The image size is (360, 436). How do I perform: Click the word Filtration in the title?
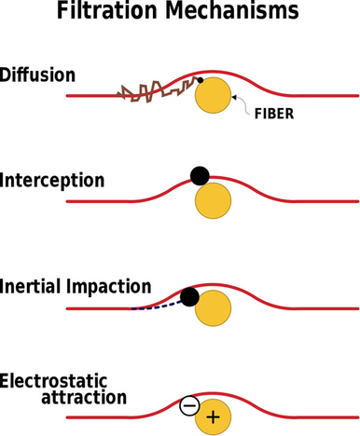pyautogui.click(x=107, y=10)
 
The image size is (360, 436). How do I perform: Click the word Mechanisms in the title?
pyautogui.click(x=232, y=10)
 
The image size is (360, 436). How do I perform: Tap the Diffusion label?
pyautogui.click(x=37, y=75)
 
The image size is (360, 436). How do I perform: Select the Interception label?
pyautogui.click(x=52, y=181)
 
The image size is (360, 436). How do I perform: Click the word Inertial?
pyautogui.click(x=30, y=286)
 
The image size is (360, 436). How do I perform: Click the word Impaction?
pyautogui.click(x=109, y=287)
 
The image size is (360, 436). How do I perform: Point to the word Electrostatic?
pyautogui.click(x=53, y=381)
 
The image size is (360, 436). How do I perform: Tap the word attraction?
pyautogui.click(x=84, y=397)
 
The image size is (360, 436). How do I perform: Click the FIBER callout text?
pyautogui.click(x=274, y=114)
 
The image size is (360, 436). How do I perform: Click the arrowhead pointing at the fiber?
pyautogui.click(x=234, y=97)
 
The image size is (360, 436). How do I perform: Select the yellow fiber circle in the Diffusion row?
pyautogui.click(x=213, y=95)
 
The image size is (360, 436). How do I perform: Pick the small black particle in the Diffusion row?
pyautogui.click(x=201, y=80)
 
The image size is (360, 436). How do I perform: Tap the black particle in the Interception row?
pyautogui.click(x=200, y=176)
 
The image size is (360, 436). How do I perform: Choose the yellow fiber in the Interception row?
pyautogui.click(x=213, y=200)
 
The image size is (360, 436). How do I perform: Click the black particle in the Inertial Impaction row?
pyautogui.click(x=189, y=297)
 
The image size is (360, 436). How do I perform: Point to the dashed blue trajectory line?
pyautogui.click(x=157, y=306)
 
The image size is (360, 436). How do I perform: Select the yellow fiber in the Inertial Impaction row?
pyautogui.click(x=213, y=308)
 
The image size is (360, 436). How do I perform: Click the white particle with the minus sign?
pyautogui.click(x=189, y=406)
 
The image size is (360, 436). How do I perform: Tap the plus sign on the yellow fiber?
pyautogui.click(x=213, y=416)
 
